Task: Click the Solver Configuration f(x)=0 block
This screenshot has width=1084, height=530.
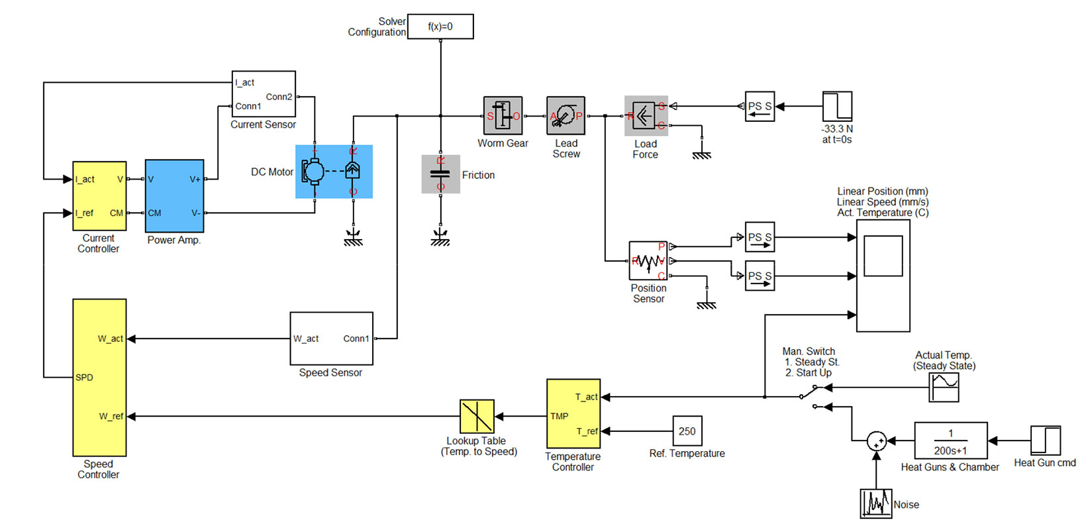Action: click(440, 26)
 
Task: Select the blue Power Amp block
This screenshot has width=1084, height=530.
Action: click(174, 195)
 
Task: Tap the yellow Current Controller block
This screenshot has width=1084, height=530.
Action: click(99, 195)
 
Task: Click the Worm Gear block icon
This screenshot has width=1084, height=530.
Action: click(503, 116)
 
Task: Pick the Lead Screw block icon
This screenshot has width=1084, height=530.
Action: click(566, 116)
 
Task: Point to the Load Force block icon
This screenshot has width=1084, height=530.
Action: click(646, 116)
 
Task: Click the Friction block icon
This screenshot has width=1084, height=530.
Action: click(440, 174)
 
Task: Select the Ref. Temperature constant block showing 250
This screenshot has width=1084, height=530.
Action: click(687, 431)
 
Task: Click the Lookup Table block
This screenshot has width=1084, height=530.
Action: click(477, 416)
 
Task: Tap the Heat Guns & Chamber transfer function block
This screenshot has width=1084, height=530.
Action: click(950, 441)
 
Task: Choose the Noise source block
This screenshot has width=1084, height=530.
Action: click(875, 503)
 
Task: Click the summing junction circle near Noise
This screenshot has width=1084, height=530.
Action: click(876, 441)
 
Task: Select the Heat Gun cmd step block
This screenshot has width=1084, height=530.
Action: click(1046, 441)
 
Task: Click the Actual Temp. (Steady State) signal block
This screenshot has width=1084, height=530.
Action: click(944, 387)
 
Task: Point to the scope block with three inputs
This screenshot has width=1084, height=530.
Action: click(883, 276)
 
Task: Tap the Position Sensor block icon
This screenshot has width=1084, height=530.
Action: click(648, 260)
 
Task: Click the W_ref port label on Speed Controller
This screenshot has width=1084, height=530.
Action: click(111, 416)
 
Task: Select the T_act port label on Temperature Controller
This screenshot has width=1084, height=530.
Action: click(586, 397)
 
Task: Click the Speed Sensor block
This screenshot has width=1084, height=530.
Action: click(331, 339)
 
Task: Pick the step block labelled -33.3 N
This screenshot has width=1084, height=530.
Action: click(837, 106)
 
